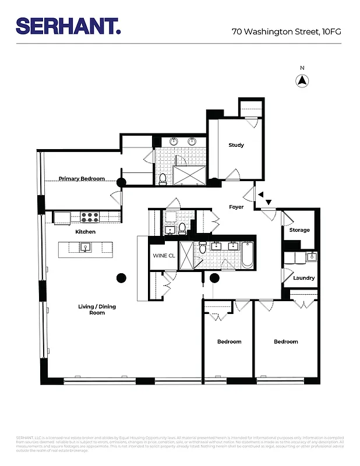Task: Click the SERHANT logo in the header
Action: point(68,26)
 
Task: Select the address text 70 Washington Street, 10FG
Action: point(286,31)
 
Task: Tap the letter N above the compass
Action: point(302,68)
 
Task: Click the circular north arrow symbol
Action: point(302,81)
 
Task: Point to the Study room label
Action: point(236,145)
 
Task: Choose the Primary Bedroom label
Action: point(82,178)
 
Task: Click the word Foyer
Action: point(236,207)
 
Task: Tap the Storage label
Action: point(299,230)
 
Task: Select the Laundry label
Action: point(303,278)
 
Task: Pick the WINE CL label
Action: point(164,256)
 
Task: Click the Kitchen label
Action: point(85,232)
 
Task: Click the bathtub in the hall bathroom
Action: point(248,255)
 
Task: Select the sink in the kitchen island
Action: point(85,248)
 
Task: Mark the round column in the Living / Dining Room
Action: point(122,277)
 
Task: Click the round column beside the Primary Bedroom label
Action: point(121,182)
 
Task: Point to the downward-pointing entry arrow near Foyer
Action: point(269,203)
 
